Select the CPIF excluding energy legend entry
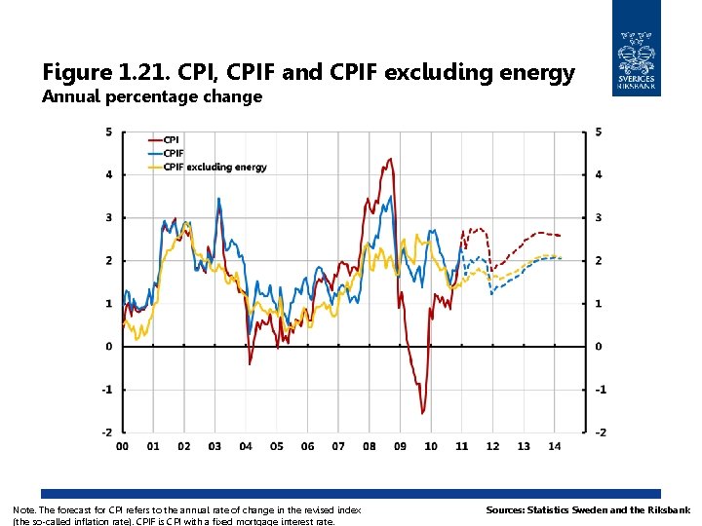tap(214, 168)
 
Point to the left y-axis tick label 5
tap(108, 131)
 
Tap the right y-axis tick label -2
tap(601, 432)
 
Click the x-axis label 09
tap(400, 447)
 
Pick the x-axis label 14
tap(554, 447)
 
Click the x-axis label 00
tap(122, 447)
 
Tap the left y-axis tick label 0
tap(108, 347)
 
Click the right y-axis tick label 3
tap(599, 217)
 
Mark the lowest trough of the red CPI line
tap(423, 413)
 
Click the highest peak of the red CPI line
tap(391, 159)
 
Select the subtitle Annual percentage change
tap(152, 96)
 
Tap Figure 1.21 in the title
tap(94, 72)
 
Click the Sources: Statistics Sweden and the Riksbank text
tap(588, 510)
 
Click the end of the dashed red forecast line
tap(560, 236)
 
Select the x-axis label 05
tap(276, 447)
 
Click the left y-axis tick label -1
tap(106, 390)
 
